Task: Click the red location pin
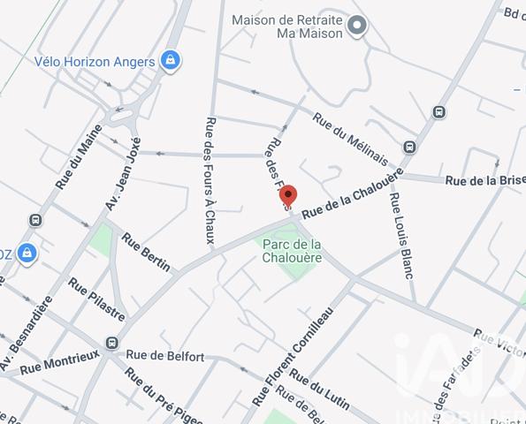click(x=287, y=197)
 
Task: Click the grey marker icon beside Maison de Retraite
click(x=357, y=26)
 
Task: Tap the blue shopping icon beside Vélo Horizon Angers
click(x=172, y=62)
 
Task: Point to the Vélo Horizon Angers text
click(x=95, y=62)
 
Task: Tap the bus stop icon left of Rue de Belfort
click(x=111, y=343)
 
